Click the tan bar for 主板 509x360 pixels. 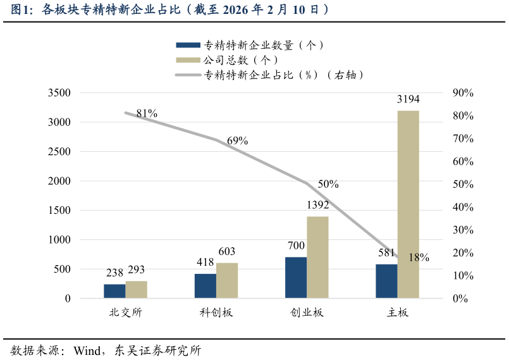click(x=408, y=204)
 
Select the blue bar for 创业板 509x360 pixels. click(x=296, y=277)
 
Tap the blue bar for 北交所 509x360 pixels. click(x=114, y=291)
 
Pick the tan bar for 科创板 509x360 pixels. click(x=227, y=280)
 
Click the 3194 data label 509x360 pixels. click(x=408, y=99)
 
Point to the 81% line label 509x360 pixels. click(x=147, y=113)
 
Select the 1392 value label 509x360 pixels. click(x=317, y=205)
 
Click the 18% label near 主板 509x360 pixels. click(x=419, y=258)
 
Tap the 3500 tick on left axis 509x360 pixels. click(x=59, y=93)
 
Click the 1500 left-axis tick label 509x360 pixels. click(x=59, y=210)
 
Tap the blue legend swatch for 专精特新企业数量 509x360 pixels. click(x=188, y=45)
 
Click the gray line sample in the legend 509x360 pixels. click(x=188, y=75)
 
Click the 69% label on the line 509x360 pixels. click(x=237, y=141)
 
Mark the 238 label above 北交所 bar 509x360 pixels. click(x=114, y=273)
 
